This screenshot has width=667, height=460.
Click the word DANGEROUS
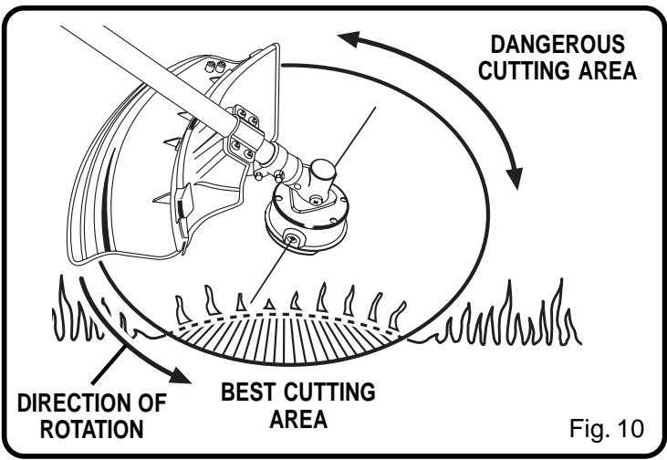click(x=558, y=45)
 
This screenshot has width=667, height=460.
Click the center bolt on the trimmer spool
click(x=291, y=238)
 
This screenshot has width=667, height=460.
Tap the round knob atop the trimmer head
click(x=324, y=171)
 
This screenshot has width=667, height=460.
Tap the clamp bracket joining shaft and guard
click(x=246, y=132)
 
